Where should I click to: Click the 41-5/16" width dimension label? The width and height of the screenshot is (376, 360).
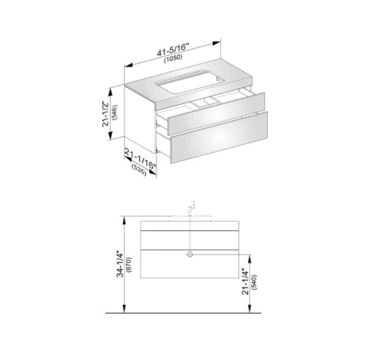coord(172,50)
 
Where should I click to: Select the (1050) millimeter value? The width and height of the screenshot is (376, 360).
coord(174,59)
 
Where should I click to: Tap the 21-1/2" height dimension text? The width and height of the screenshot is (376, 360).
coord(106,114)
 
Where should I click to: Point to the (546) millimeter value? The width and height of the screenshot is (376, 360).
coord(114,112)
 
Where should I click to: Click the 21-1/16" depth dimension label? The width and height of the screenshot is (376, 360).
coord(141,158)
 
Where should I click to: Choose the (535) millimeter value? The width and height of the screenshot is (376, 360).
coord(139,169)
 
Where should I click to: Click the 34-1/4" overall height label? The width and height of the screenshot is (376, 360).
coord(120,264)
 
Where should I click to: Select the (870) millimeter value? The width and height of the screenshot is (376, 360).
coord(129,265)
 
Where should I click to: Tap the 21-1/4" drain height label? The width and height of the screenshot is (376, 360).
coord(245,281)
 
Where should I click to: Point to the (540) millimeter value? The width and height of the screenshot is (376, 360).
coord(254,282)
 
